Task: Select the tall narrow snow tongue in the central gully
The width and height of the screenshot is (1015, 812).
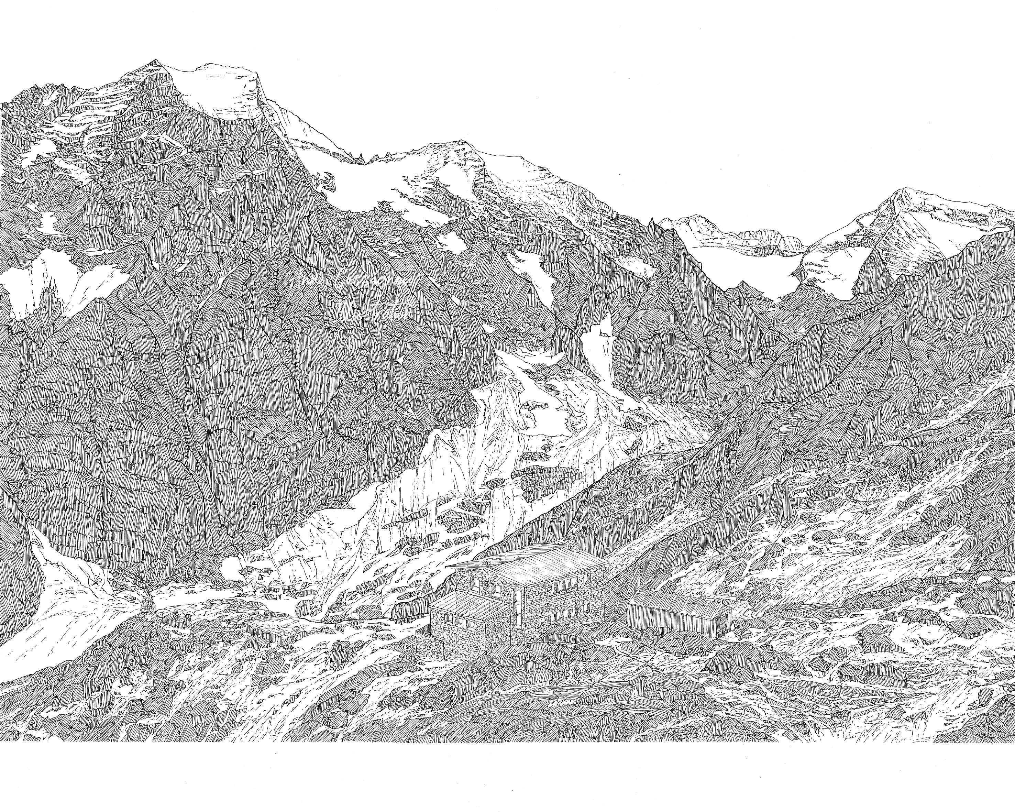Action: coord(598,344)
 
